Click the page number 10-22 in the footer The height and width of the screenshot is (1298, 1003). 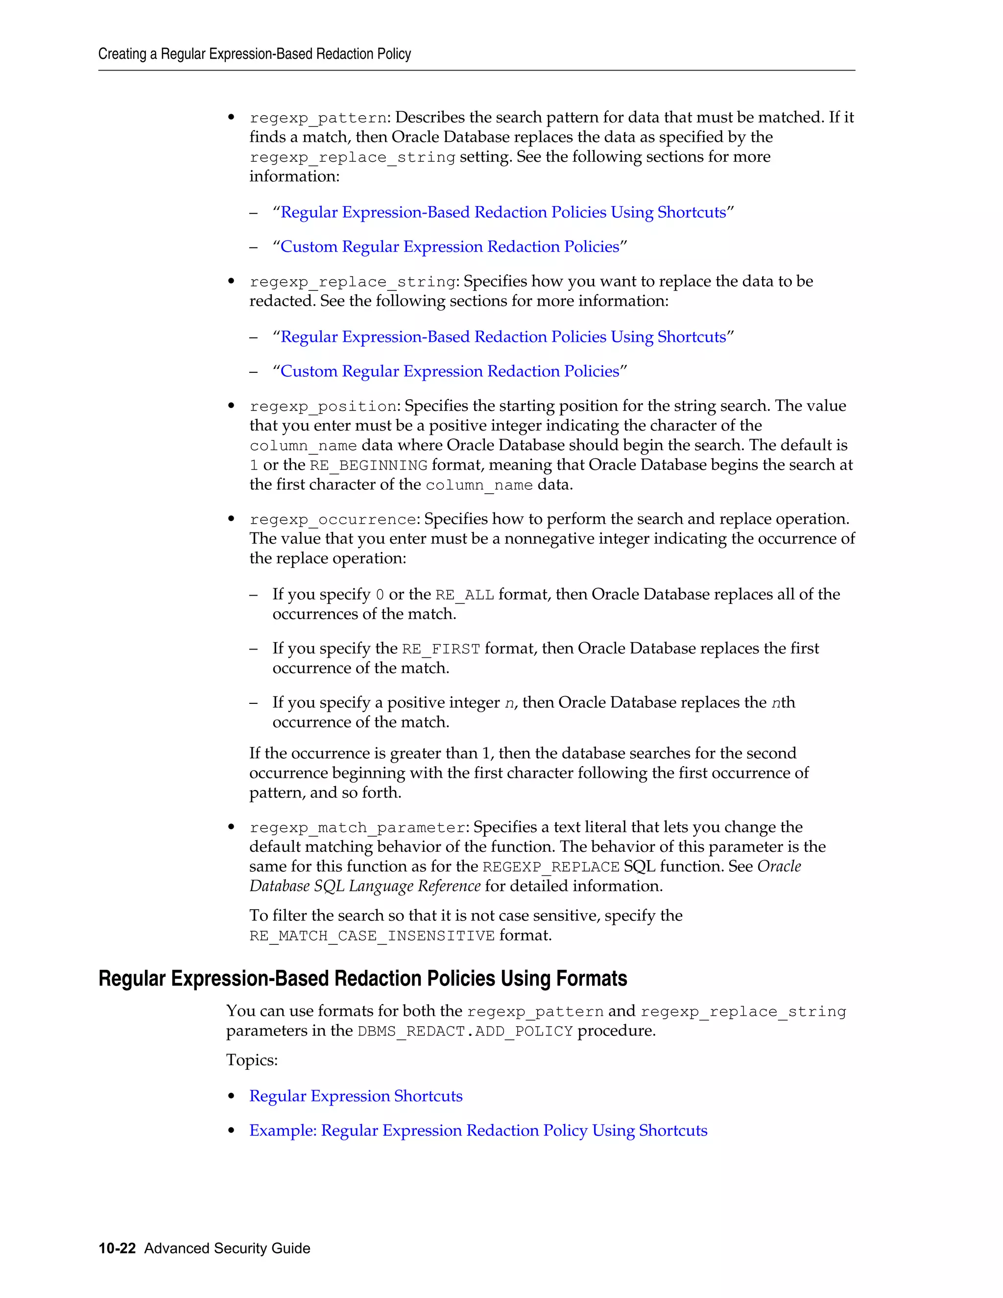click(117, 1248)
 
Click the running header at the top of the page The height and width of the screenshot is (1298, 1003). click(254, 54)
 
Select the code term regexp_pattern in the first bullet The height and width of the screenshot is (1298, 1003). click(318, 118)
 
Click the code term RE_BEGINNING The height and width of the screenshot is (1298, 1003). click(368, 465)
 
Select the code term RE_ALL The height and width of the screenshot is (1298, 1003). click(464, 595)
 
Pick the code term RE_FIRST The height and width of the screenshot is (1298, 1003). click(440, 649)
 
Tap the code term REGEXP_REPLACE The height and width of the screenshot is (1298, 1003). click(551, 867)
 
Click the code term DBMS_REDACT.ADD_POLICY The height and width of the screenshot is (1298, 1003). click(465, 1031)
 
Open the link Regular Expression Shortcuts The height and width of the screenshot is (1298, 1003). click(356, 1096)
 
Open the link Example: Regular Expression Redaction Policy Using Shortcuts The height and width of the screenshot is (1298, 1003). click(478, 1130)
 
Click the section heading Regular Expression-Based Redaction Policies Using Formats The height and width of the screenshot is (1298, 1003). click(362, 979)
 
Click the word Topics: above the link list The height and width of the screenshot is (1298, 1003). click(251, 1060)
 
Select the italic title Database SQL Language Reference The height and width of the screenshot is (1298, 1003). click(364, 886)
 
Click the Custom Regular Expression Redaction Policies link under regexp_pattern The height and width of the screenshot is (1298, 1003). click(449, 247)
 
